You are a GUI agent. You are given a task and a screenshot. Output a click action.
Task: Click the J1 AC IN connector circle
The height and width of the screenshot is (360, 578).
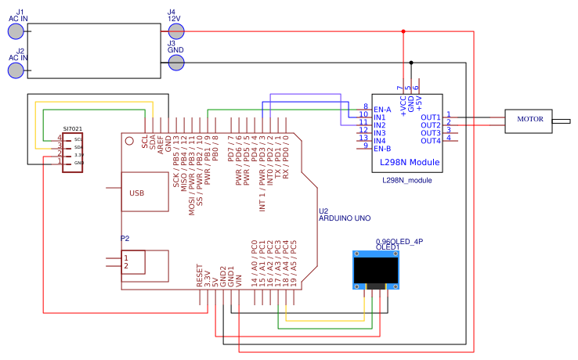[x=16, y=31]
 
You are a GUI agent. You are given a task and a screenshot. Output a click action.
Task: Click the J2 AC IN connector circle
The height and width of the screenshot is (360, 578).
[x=16, y=70]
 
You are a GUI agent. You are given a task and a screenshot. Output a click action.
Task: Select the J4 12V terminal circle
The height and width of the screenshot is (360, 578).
[x=176, y=31]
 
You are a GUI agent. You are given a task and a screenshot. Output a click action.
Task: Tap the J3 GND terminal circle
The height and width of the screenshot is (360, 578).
[x=176, y=62]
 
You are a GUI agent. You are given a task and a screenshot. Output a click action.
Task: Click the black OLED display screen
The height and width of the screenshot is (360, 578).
[x=377, y=271]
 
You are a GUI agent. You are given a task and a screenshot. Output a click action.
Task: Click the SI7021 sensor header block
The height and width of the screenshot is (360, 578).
[x=73, y=151]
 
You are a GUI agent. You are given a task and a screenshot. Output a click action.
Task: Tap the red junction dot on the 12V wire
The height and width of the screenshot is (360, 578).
[x=403, y=31]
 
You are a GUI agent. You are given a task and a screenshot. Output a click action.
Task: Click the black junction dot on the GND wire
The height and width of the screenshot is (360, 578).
[x=411, y=62]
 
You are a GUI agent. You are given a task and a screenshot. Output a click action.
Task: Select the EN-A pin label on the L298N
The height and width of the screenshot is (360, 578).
[x=382, y=109]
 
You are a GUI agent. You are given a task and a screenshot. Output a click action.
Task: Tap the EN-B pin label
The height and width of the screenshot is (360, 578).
[x=382, y=148]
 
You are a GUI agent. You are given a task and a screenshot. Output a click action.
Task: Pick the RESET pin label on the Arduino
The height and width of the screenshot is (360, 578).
[x=200, y=274]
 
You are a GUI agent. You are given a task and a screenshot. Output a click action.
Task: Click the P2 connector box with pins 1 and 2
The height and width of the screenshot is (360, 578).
[x=132, y=261]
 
